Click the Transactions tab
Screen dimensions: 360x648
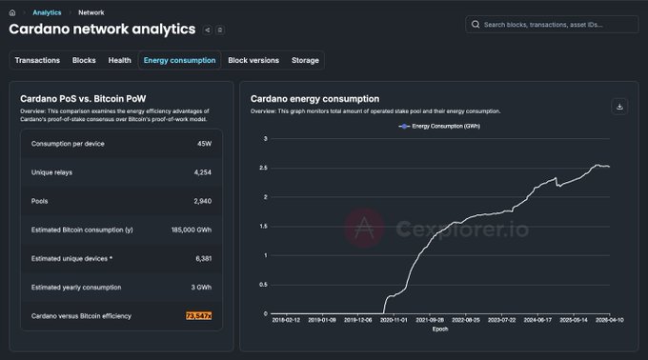tap(37, 60)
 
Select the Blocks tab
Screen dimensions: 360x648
tap(84, 60)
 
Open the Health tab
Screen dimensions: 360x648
tap(120, 60)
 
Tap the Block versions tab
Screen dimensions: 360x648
tap(253, 60)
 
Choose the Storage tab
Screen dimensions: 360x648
tap(305, 60)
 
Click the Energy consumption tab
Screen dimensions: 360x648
tap(179, 60)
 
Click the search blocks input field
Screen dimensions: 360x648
tap(553, 24)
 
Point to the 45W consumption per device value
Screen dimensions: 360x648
tap(203, 144)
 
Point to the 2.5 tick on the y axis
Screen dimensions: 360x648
tap(265, 168)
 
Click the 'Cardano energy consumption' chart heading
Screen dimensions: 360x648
tap(314, 98)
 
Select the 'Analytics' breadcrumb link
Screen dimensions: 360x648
tap(47, 12)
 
